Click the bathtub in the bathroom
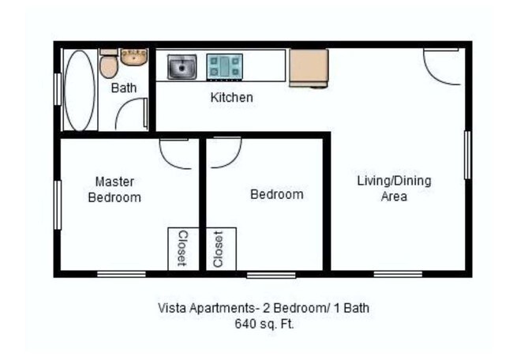pyautogui.click(x=79, y=90)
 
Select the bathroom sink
pyautogui.click(x=134, y=57)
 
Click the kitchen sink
pyautogui.click(x=182, y=67)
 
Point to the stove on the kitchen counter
pyautogui.click(x=224, y=66)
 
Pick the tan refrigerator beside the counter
pyautogui.click(x=308, y=68)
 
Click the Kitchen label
pyautogui.click(x=231, y=98)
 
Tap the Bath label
pyautogui.click(x=123, y=88)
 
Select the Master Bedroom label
pyautogui.click(x=114, y=189)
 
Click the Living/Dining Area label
pyautogui.click(x=394, y=189)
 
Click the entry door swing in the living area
pyautogui.click(x=442, y=66)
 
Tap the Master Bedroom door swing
pyautogui.click(x=174, y=153)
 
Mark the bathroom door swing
pyautogui.click(x=132, y=115)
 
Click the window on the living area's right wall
pyautogui.click(x=467, y=155)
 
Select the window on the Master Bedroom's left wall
pyautogui.click(x=57, y=204)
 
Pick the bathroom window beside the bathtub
pyautogui.click(x=57, y=88)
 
